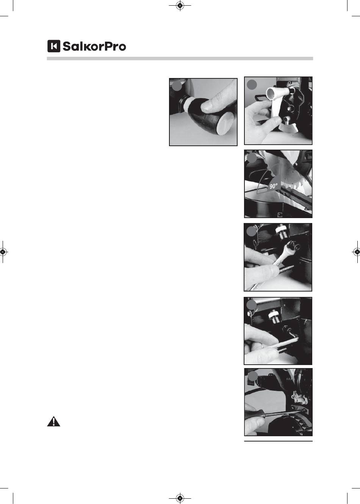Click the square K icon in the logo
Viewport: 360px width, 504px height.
[x=53, y=46]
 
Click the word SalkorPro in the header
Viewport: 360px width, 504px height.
[x=94, y=46]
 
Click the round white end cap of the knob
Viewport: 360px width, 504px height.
[x=226, y=123]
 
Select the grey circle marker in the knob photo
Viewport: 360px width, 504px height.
[x=177, y=86]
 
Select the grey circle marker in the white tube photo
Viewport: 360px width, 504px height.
[x=252, y=85]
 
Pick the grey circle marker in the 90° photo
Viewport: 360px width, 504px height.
[x=252, y=158]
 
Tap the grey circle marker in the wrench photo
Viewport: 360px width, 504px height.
[x=252, y=231]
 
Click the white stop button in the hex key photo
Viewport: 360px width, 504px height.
[x=274, y=315]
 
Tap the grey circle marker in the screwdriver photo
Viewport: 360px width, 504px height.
[x=253, y=376]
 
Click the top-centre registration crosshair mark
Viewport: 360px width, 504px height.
[x=180, y=5]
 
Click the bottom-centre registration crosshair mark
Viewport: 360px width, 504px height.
[x=180, y=498]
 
